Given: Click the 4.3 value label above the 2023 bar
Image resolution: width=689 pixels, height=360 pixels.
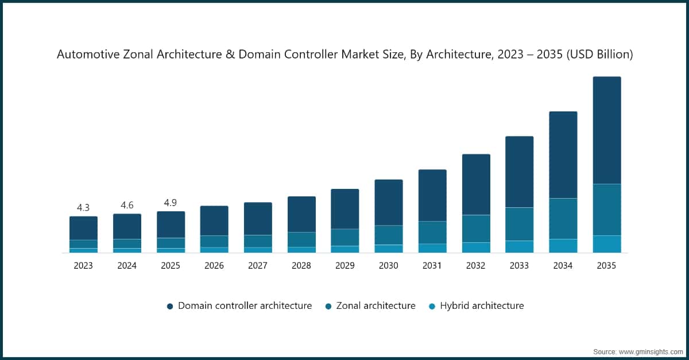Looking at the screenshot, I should coord(83,207).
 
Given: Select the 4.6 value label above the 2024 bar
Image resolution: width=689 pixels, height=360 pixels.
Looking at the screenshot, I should coord(127,205).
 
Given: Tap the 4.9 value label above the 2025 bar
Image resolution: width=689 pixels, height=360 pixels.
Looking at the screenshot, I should coord(171,203).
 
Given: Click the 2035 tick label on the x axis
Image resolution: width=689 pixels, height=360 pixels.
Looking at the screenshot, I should coord(606,266).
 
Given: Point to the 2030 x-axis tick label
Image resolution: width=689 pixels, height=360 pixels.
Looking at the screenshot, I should coord(389,266).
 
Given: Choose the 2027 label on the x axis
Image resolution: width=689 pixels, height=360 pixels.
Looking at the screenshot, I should coord(258,266).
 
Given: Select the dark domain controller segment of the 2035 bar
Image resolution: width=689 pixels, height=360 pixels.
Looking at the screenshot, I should coord(606,130).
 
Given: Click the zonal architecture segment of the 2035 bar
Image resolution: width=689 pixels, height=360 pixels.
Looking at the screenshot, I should coord(606,210).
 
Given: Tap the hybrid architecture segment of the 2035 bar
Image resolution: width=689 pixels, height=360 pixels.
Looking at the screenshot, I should coord(606,244).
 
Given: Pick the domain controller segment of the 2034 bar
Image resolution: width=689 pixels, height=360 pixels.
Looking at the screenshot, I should coord(563,155).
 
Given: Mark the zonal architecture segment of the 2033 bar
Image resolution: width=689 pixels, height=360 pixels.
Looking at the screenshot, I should coord(519,224).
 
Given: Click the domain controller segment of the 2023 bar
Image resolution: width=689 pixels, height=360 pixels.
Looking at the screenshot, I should coord(83,228).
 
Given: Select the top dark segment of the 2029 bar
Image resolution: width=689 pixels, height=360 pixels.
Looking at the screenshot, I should coord(345,209).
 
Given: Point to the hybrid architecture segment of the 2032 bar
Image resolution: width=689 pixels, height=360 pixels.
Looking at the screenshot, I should coord(476,247).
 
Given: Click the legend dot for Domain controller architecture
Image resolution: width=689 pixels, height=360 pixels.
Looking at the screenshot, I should coord(170,306).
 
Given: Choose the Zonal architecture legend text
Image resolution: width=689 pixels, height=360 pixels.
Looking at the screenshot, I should coord(377,306).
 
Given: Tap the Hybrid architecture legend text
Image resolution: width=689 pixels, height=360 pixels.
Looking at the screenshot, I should coord(482,306).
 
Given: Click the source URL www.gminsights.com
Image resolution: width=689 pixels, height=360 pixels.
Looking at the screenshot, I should coord(651,351).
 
